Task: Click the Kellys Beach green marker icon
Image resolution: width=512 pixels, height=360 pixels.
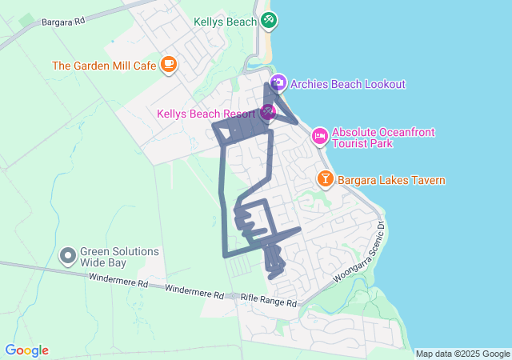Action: (x=270, y=21)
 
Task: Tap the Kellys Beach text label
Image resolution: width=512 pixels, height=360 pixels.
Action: (x=225, y=21)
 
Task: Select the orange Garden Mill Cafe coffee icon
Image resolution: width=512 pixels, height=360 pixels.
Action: (x=168, y=65)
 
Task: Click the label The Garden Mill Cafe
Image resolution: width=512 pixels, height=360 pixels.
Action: (x=104, y=66)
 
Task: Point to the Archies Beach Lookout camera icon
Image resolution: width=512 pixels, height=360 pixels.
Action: (x=278, y=83)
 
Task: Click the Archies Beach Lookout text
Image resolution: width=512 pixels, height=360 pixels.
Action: (x=348, y=84)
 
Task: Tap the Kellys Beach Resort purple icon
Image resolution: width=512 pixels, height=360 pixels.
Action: (x=267, y=113)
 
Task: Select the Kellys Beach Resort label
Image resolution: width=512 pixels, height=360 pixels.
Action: (x=206, y=114)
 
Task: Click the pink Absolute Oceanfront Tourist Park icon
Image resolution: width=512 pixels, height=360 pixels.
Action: (x=319, y=136)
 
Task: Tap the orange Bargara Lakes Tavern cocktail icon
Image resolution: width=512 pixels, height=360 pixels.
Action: (x=325, y=179)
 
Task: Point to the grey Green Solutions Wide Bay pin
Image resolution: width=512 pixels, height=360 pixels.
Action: (x=68, y=256)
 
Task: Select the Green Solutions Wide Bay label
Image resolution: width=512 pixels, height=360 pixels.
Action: (x=119, y=257)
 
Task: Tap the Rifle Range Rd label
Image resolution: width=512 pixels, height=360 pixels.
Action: (x=269, y=303)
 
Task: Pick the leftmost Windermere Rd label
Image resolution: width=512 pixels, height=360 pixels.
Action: (x=118, y=282)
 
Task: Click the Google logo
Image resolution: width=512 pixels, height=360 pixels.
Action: (x=26, y=350)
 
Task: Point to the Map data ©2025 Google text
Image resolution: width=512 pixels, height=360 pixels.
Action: (x=462, y=354)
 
